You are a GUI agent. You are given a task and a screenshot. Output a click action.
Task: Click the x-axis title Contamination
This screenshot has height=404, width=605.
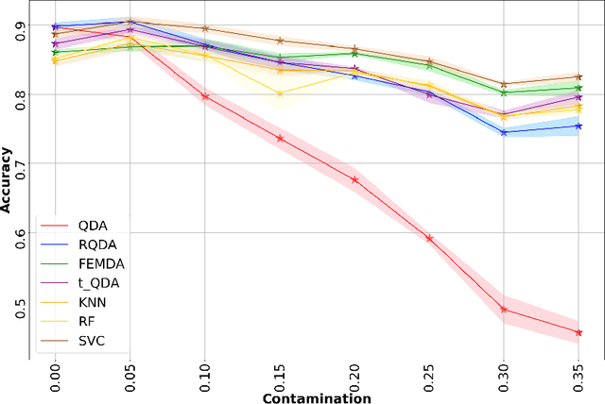316,398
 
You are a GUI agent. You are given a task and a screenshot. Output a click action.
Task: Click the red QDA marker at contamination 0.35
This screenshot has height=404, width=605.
579,332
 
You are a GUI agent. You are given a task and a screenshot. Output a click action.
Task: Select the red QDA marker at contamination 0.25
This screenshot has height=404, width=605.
429,238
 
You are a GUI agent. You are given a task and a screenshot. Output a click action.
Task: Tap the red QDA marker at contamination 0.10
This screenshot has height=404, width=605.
204,96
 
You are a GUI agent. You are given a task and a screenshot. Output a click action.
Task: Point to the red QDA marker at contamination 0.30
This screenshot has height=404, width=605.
504,309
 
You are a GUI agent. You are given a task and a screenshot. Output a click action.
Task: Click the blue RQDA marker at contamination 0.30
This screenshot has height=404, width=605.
504,132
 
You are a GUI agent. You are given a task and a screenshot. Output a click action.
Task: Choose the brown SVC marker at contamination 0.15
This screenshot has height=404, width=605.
280,41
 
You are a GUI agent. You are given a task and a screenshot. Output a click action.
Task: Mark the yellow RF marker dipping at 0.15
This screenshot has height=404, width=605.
280,93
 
